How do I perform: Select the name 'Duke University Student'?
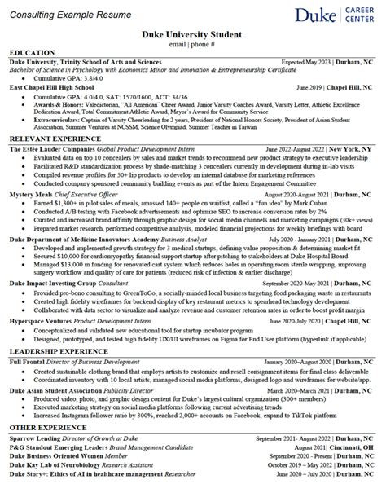tap(193, 34)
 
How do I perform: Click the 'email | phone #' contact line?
tap(193, 44)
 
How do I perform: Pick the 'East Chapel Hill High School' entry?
tap(53, 86)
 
